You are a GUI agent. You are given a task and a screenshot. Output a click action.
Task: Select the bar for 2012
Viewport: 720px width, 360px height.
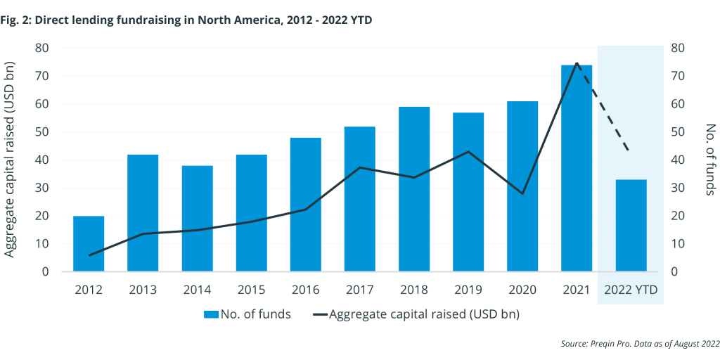point(89,243)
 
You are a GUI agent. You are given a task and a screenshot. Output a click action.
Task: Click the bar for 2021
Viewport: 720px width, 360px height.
point(577,168)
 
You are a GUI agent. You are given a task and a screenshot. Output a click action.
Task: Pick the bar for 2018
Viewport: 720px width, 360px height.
point(414,189)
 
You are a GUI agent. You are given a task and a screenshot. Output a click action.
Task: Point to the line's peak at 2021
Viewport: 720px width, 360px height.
point(577,63)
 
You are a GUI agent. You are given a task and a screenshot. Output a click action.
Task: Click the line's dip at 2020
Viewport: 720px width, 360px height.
point(522,193)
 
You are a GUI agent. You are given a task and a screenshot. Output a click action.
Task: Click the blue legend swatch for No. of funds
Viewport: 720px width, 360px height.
point(211,314)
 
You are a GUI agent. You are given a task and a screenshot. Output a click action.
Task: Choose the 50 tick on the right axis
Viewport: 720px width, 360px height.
point(679,132)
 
